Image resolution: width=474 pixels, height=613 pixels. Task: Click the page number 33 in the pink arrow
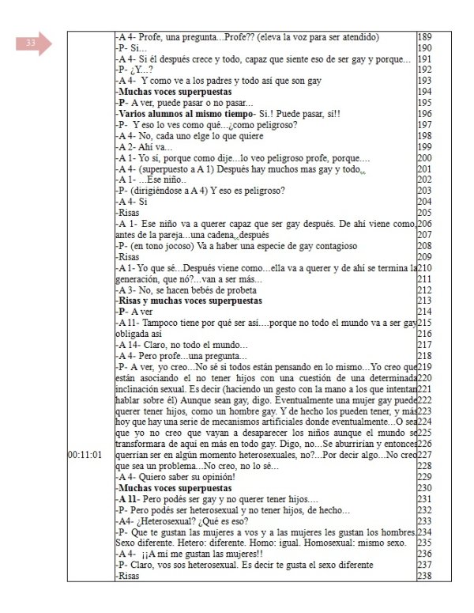pyautogui.click(x=31, y=43)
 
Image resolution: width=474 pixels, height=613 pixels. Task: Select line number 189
pyautogui.click(x=425, y=37)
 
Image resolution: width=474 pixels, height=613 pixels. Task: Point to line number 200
pyautogui.click(x=425, y=158)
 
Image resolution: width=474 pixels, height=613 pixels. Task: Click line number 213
pyautogui.click(x=425, y=301)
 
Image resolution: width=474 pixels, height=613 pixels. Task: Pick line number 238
pyautogui.click(x=425, y=576)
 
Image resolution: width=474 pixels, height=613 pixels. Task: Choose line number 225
pyautogui.click(x=425, y=433)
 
